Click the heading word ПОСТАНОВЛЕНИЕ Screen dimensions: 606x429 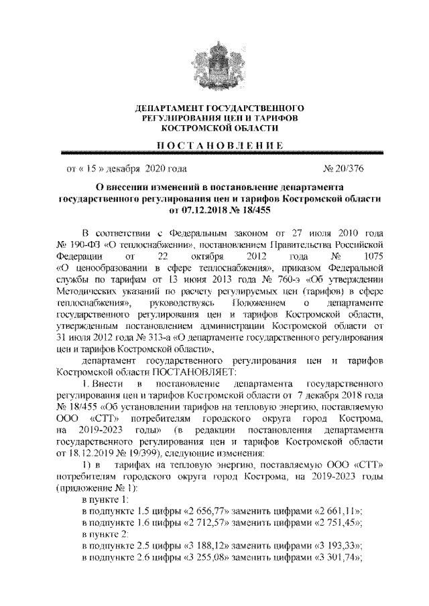coord(215,145)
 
